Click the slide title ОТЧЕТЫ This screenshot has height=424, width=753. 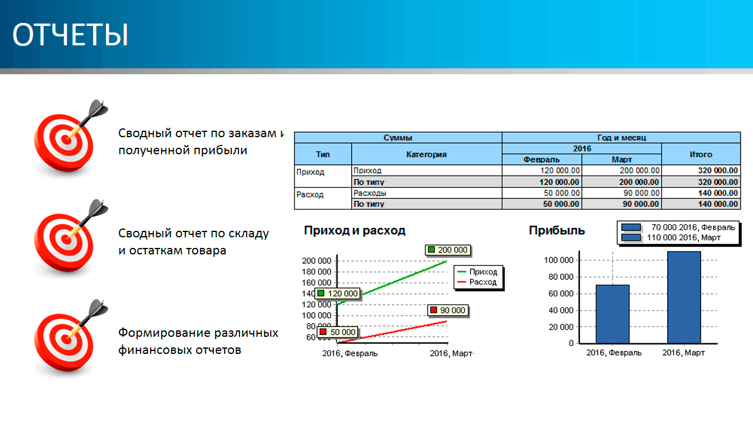coord(70,35)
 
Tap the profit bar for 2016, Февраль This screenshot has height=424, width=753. coord(612,314)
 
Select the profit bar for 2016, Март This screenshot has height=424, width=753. coord(684,297)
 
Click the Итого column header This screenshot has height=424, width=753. coord(701,154)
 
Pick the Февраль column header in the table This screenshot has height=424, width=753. coord(542,160)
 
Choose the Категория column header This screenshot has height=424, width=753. coord(427,154)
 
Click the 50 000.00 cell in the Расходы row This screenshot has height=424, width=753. coord(562,193)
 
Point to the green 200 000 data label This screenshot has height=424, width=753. coord(448,250)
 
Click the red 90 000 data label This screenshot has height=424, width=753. coord(448,310)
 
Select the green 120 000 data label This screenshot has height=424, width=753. coord(338,293)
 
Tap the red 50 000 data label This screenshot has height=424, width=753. coord(338,332)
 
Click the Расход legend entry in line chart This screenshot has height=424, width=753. coord(477,282)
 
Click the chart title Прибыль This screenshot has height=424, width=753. coord(557,230)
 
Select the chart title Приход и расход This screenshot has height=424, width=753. coord(355,230)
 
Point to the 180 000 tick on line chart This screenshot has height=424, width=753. coord(316,271)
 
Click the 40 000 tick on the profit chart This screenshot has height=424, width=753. coord(561,310)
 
